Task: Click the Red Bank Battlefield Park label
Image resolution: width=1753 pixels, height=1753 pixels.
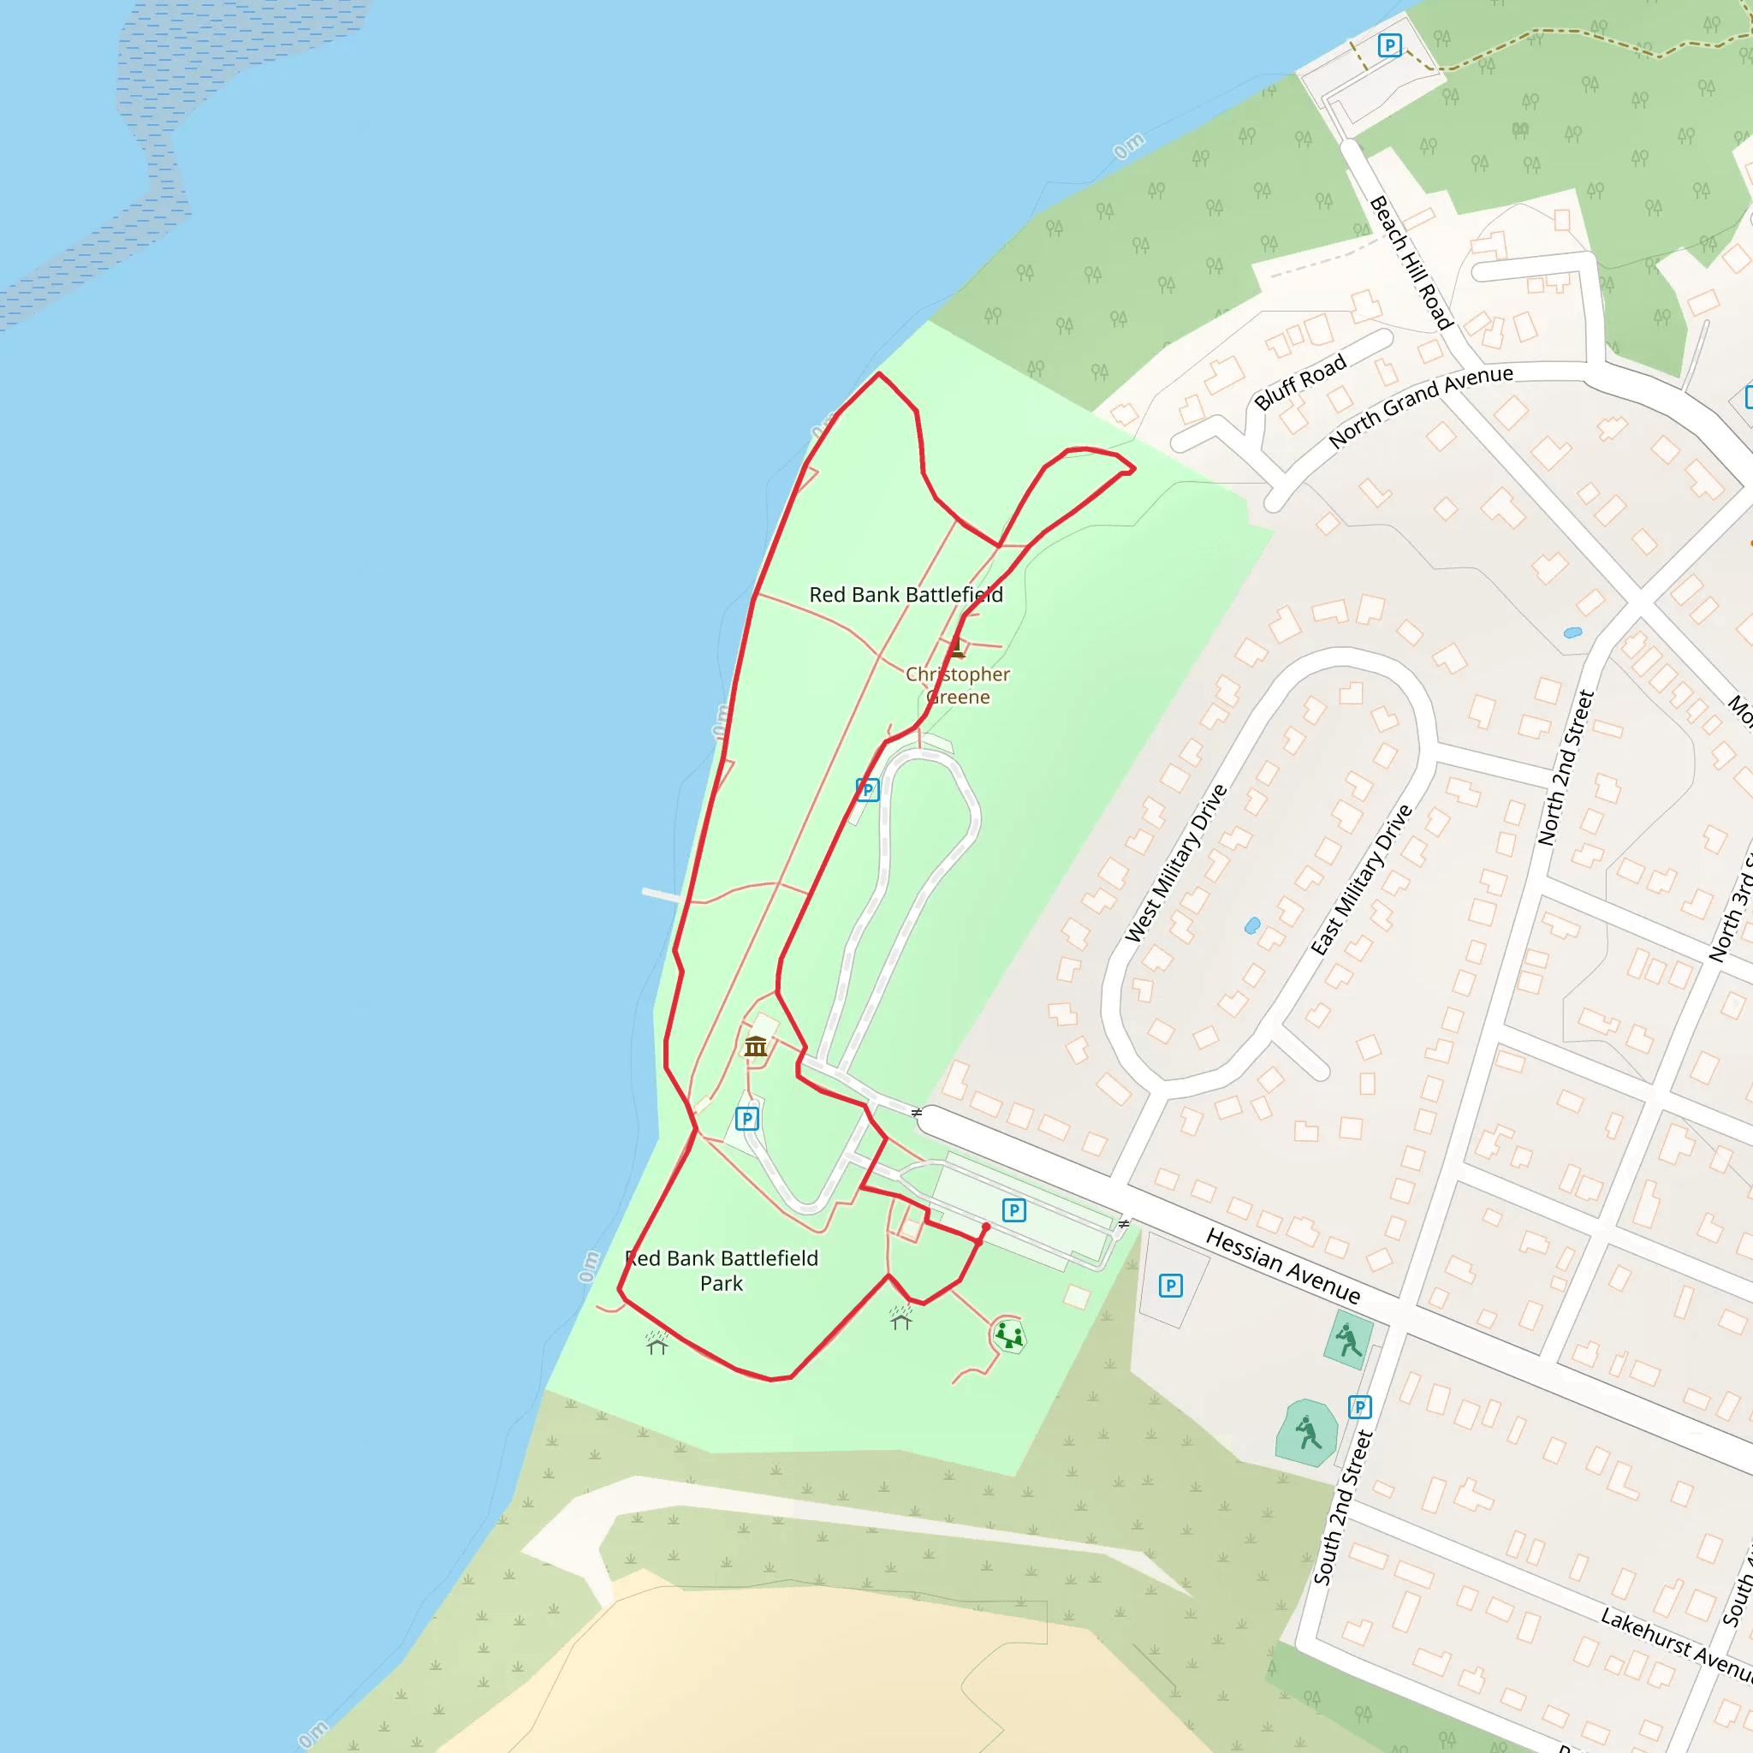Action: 722,1270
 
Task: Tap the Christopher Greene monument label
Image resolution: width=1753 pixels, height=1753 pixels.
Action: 957,686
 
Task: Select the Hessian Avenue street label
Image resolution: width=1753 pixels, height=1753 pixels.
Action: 1282,1265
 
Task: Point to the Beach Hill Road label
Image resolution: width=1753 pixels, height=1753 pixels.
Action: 1411,262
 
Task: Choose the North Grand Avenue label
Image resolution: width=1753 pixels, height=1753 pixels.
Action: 1420,406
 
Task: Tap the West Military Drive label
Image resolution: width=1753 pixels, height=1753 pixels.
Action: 1176,863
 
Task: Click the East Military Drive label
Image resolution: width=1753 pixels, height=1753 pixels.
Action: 1362,879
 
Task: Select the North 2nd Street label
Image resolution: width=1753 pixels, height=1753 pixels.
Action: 1566,768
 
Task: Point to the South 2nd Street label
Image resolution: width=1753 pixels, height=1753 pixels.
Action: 1343,1507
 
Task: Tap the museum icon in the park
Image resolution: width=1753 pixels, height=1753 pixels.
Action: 756,1047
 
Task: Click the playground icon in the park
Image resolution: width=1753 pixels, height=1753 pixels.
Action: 1008,1334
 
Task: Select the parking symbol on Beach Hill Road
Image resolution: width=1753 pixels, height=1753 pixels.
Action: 1389,45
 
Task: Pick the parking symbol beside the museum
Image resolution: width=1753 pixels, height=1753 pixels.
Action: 746,1119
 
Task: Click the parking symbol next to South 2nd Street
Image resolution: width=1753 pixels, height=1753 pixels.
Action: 1359,1407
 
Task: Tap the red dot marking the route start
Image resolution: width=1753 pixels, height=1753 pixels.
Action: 986,1227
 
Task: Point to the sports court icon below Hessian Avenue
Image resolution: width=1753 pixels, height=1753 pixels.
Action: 1348,1340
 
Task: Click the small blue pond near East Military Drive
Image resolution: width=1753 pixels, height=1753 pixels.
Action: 1252,925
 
